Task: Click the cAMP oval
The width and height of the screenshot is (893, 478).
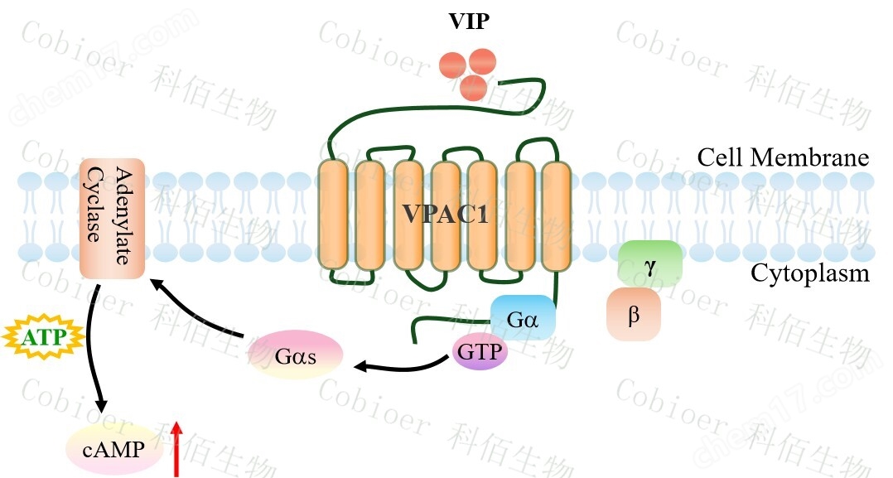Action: (113, 450)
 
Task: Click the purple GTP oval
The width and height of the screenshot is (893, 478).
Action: (480, 351)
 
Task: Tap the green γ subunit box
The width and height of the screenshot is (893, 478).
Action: (650, 263)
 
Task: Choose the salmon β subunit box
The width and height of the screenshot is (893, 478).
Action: (634, 315)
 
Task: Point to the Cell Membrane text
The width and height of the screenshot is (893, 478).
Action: (782, 158)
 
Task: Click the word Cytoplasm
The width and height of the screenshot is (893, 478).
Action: (809, 273)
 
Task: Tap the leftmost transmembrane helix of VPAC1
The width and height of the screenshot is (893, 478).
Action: (333, 215)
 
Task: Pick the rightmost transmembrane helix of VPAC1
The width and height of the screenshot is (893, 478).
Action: (556, 215)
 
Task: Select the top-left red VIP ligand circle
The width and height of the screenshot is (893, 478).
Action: (452, 64)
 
